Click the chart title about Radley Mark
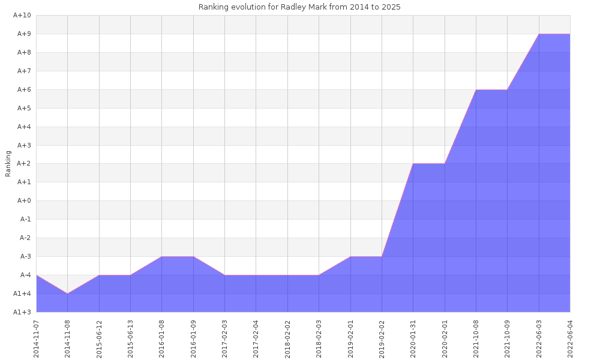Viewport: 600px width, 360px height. coord(299,7)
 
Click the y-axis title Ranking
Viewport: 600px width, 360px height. coord(8,163)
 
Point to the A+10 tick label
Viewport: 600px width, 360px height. coord(22,16)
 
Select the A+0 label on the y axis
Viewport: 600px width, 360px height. coord(23,201)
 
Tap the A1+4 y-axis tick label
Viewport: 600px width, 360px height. coord(22,293)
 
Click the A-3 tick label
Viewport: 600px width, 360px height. coord(25,257)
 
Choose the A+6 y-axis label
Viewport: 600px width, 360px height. coord(23,90)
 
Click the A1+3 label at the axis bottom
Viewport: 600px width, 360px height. coord(22,312)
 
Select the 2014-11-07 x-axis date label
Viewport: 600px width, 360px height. coord(37,338)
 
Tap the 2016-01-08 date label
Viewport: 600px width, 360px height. coord(162,338)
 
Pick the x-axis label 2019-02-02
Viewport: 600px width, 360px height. coord(382,338)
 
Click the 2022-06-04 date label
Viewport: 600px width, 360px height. coord(570,338)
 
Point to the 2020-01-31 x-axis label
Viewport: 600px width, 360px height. coord(413,338)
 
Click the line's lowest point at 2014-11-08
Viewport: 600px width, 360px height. coord(68,293)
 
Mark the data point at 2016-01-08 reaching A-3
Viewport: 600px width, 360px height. coord(162,257)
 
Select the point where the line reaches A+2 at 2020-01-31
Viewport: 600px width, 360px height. coord(413,164)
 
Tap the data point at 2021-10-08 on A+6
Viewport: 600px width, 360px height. coord(476,90)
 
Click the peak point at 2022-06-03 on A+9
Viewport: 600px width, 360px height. coord(539,34)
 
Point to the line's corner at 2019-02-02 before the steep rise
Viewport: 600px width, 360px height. coord(382,257)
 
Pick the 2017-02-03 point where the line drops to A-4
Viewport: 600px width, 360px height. coord(225,275)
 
